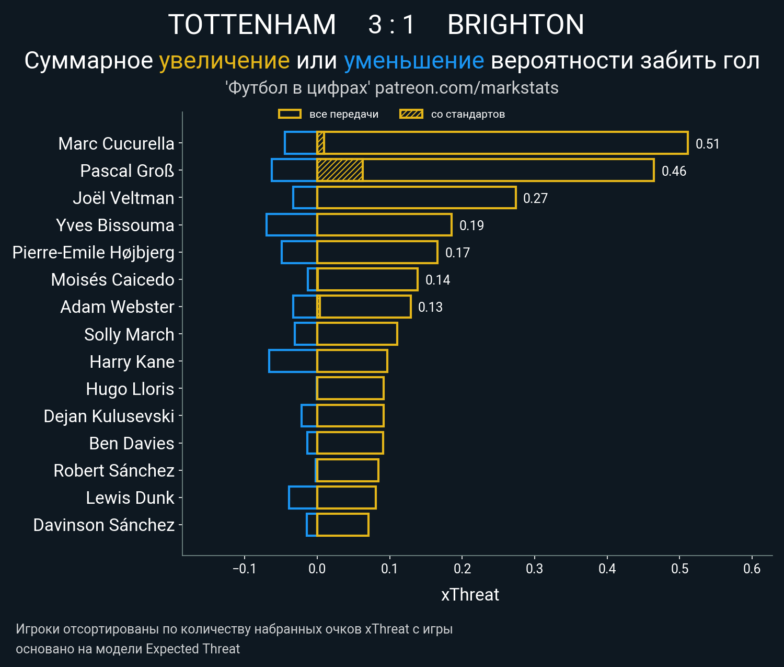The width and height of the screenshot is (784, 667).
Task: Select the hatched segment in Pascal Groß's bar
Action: tap(340, 171)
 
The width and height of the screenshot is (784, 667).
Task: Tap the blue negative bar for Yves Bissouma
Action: tap(292, 225)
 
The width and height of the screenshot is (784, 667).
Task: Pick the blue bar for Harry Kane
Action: tap(293, 361)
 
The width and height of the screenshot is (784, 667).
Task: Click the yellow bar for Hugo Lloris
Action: tap(350, 388)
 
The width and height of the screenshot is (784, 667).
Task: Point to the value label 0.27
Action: tap(535, 198)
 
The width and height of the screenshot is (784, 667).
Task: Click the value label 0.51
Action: tap(707, 144)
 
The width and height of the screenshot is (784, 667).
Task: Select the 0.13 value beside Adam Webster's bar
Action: tap(430, 307)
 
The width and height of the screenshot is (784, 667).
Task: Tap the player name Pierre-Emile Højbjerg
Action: tap(94, 252)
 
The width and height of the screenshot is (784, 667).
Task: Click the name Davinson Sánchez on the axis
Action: tap(103, 525)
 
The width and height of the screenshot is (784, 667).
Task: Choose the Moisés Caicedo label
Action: tap(112, 279)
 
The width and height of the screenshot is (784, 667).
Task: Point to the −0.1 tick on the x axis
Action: tap(244, 569)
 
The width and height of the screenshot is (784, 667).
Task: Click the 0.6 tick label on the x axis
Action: tap(752, 569)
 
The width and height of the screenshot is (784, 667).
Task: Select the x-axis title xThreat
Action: tap(470, 595)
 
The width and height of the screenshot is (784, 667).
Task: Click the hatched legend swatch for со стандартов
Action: tap(411, 114)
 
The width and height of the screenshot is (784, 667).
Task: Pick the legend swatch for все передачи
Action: tap(290, 114)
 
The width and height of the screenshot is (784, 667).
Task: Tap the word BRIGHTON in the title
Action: tap(515, 25)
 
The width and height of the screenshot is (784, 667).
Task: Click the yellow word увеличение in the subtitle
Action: tap(224, 61)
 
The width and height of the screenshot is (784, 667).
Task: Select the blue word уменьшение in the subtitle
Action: tap(413, 61)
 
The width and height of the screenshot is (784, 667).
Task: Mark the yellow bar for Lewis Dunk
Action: tap(346, 498)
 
